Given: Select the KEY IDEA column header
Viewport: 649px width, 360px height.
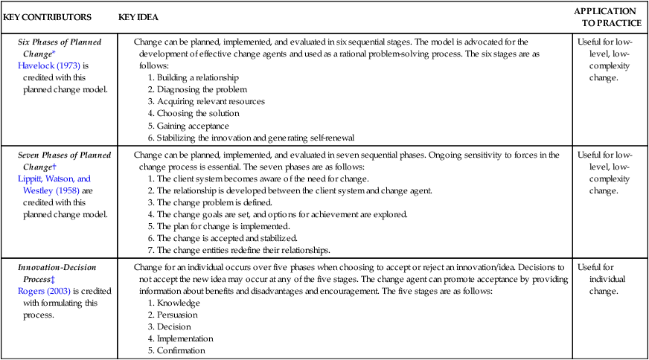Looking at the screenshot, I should point(138,16).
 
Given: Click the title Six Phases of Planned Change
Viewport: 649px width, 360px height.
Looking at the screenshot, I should point(60,48).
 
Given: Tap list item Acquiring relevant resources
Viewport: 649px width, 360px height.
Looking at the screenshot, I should point(205,101).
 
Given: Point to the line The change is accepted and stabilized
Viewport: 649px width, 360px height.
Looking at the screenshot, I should point(228,237).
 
